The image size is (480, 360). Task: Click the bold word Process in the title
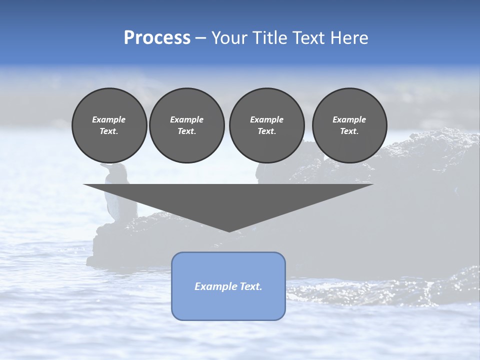coord(157,38)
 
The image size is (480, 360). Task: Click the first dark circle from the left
coord(109,125)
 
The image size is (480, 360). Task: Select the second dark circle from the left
coord(187,125)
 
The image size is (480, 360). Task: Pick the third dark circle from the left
coord(266,125)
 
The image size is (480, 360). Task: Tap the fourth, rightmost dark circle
coord(349,125)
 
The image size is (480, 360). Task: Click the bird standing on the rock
coord(118,192)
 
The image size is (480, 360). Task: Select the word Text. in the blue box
coord(250,286)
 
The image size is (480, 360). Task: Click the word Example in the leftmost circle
coord(109,119)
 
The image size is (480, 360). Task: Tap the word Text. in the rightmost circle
coord(349,131)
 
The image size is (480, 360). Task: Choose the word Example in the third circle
coord(266,119)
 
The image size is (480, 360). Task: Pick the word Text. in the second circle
coord(187,131)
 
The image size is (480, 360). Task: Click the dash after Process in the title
coord(201,38)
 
